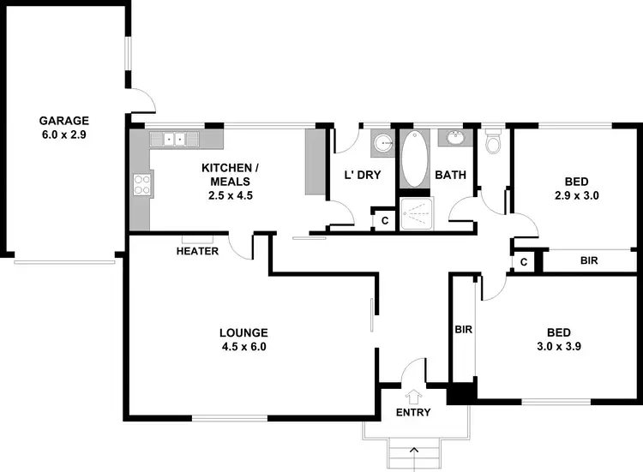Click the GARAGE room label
63,121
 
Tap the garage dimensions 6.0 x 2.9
63,135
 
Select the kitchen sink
175,139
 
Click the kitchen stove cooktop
142,182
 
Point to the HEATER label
197,251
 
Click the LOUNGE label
243,332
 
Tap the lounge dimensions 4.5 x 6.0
243,347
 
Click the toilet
492,144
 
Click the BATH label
450,176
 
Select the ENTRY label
413,412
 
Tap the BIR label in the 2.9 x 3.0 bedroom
589,260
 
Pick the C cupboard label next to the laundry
385,220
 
